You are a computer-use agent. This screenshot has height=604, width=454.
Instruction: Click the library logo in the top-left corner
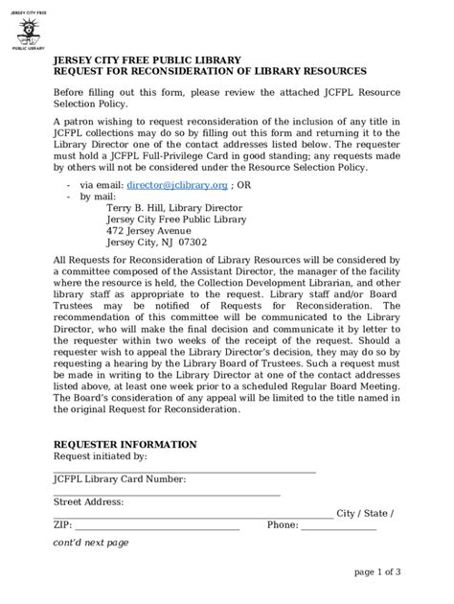[29, 30]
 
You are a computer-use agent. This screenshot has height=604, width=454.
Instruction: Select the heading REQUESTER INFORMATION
[125, 445]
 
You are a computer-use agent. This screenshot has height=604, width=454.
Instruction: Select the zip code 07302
[213, 243]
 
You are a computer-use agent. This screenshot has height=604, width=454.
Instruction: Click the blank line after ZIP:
[157, 526]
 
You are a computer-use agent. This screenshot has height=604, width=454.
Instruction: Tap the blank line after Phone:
[339, 526]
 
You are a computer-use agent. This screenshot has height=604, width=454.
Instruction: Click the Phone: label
[283, 525]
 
